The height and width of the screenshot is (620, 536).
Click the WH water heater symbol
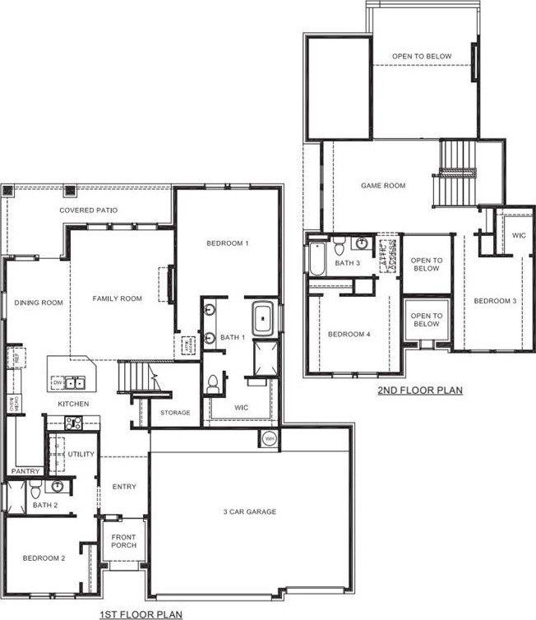[269, 439]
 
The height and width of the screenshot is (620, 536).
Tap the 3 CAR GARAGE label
[249, 511]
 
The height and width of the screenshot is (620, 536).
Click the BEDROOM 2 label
[44, 558]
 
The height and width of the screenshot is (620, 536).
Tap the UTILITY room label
[81, 454]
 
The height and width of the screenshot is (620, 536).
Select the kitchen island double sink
[75, 382]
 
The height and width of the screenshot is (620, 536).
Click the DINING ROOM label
[39, 303]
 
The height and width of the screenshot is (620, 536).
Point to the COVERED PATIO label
[88, 211]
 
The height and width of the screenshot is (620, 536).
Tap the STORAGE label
[174, 412]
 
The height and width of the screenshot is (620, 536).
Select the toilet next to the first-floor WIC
[214, 382]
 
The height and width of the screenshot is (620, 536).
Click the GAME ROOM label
[383, 186]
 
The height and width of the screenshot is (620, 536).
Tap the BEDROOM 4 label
[349, 334]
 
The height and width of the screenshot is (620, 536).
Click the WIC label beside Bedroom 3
[518, 235]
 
